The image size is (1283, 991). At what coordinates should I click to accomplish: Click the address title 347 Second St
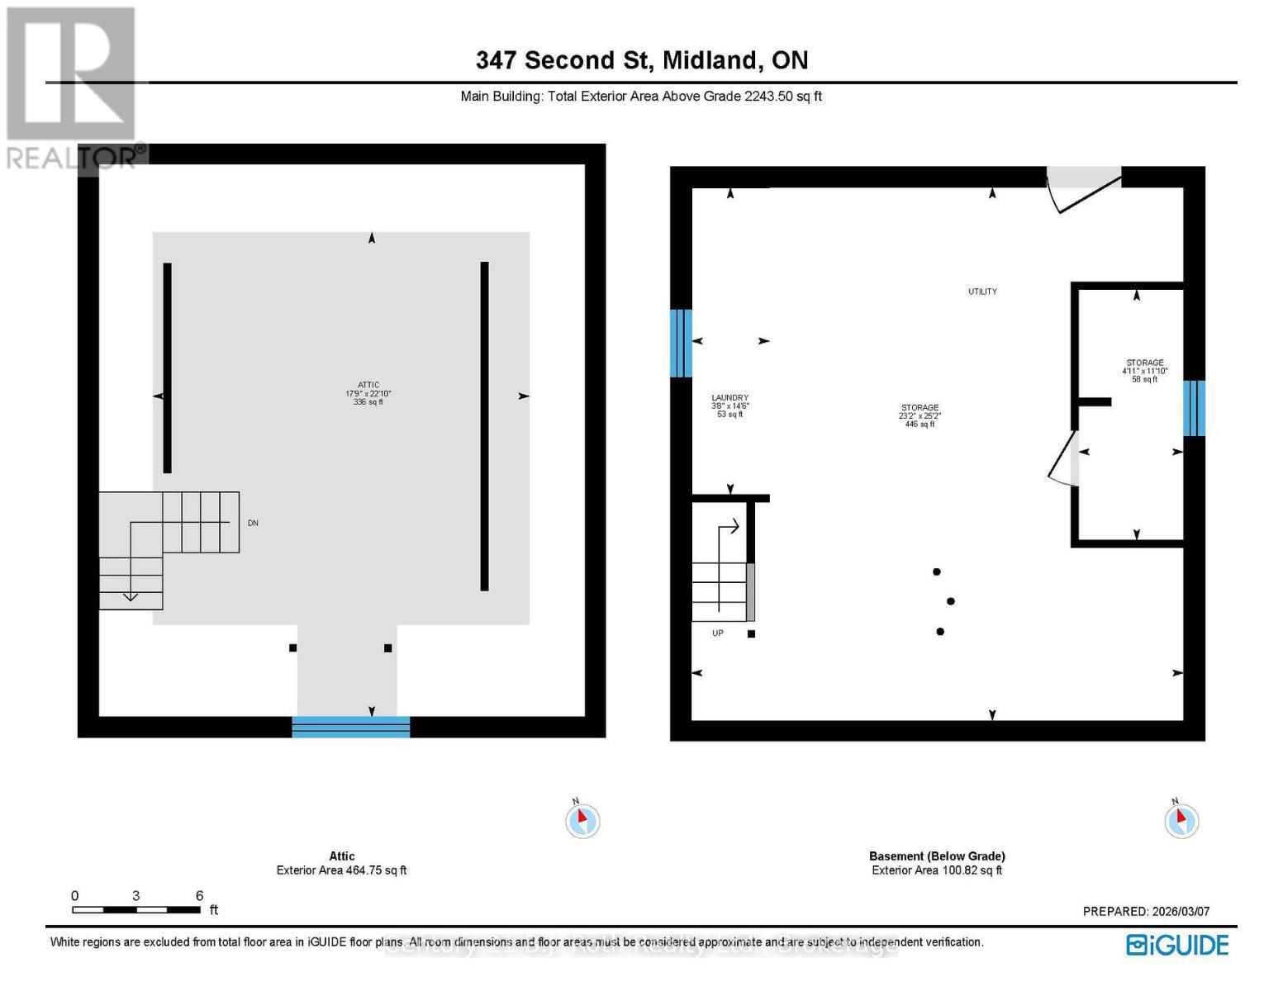pyautogui.click(x=641, y=60)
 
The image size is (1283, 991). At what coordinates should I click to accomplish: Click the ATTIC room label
pyautogui.click(x=368, y=393)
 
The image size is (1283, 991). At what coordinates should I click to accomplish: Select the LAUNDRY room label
pyautogui.click(x=729, y=405)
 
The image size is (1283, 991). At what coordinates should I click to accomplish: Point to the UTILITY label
pyautogui.click(x=982, y=292)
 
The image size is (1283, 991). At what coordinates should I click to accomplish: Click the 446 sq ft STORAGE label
pyautogui.click(x=919, y=415)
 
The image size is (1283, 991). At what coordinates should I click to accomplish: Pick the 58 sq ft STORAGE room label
pyautogui.click(x=1144, y=371)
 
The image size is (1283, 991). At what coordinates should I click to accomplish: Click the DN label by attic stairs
pyautogui.click(x=253, y=524)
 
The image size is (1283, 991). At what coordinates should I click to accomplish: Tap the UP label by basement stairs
pyautogui.click(x=717, y=633)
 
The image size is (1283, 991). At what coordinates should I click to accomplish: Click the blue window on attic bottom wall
pyautogui.click(x=351, y=727)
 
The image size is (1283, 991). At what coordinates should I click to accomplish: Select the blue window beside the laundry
pyautogui.click(x=681, y=343)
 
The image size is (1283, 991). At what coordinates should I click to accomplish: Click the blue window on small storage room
pyautogui.click(x=1194, y=408)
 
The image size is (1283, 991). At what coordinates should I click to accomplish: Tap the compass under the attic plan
pyautogui.click(x=582, y=820)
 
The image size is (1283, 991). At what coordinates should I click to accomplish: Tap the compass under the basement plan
pyautogui.click(x=1181, y=820)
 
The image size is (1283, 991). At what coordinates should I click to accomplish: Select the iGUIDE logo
pyautogui.click(x=1177, y=945)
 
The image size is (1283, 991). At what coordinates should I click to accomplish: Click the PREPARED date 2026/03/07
pyautogui.click(x=1146, y=912)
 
